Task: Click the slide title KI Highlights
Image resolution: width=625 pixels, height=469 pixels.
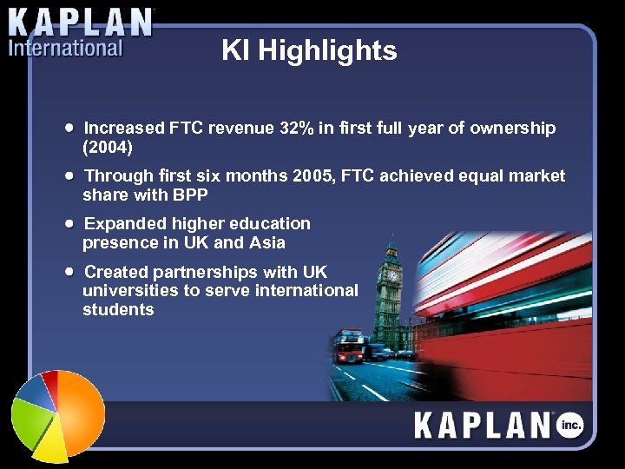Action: point(309,50)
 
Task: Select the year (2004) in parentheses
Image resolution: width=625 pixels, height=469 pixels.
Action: point(107,147)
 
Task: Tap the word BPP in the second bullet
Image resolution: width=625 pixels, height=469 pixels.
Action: point(190,195)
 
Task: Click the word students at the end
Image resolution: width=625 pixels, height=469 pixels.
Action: point(118,309)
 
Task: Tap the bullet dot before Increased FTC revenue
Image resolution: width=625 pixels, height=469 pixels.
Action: point(69,128)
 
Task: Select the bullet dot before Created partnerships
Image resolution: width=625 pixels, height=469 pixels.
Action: point(69,271)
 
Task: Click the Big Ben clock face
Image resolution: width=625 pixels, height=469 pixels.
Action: point(392,275)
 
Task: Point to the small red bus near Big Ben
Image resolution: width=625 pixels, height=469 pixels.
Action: point(351,346)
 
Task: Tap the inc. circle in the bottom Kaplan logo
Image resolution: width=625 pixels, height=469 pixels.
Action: point(570,425)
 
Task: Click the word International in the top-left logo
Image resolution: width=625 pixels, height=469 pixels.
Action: point(65,48)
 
